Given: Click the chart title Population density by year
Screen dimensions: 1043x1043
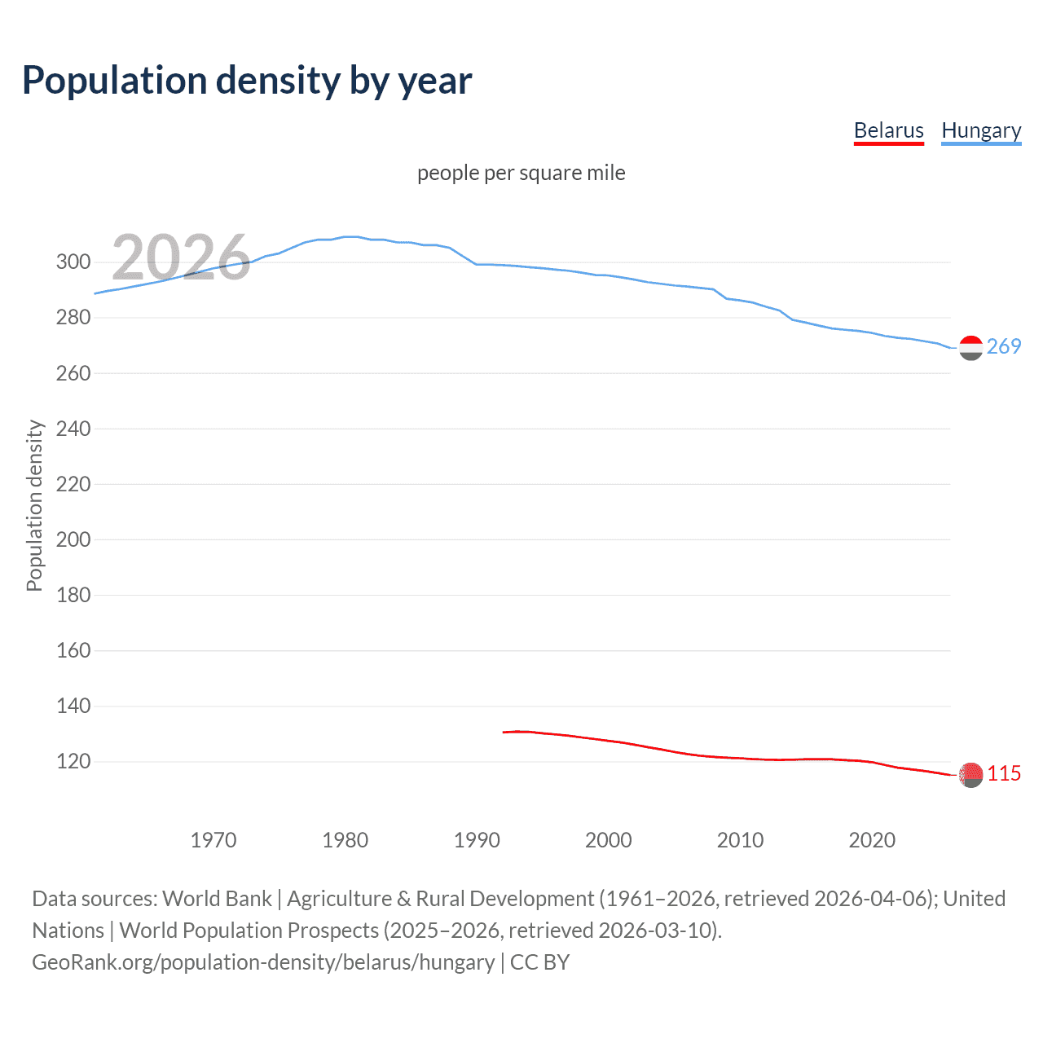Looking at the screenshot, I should [247, 81].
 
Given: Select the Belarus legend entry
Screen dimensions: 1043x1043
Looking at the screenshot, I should [888, 130].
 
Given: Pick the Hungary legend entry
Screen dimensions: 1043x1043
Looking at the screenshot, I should [981, 130].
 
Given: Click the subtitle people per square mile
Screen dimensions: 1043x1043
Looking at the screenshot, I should [521, 173].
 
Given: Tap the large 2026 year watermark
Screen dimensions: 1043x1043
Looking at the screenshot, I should [181, 257].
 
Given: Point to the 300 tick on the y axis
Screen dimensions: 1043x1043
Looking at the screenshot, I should [73, 262].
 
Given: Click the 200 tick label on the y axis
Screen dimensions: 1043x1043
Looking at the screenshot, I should [73, 539].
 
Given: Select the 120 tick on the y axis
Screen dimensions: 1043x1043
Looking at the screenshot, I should [73, 762].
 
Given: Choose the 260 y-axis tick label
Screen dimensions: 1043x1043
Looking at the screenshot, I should [73, 373].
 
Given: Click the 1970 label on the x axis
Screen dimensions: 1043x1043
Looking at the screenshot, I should [213, 840].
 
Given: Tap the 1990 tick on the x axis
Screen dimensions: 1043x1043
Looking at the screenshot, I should [477, 840].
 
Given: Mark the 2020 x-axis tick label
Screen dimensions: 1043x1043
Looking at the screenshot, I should [872, 840].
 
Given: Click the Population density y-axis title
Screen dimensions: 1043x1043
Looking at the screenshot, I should [34, 505].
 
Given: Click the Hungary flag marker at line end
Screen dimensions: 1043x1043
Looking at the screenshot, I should [970, 348].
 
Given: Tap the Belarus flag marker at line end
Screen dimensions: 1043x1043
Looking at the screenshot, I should [970, 775].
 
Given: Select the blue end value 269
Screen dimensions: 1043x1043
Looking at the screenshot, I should [1004, 346].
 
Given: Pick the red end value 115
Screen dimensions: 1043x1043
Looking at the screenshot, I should [1004, 773].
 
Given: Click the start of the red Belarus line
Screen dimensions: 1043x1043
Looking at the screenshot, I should [504, 732].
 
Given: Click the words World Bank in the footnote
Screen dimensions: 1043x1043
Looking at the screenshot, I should [217, 899].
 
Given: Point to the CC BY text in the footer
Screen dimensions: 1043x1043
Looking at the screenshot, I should [539, 962].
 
